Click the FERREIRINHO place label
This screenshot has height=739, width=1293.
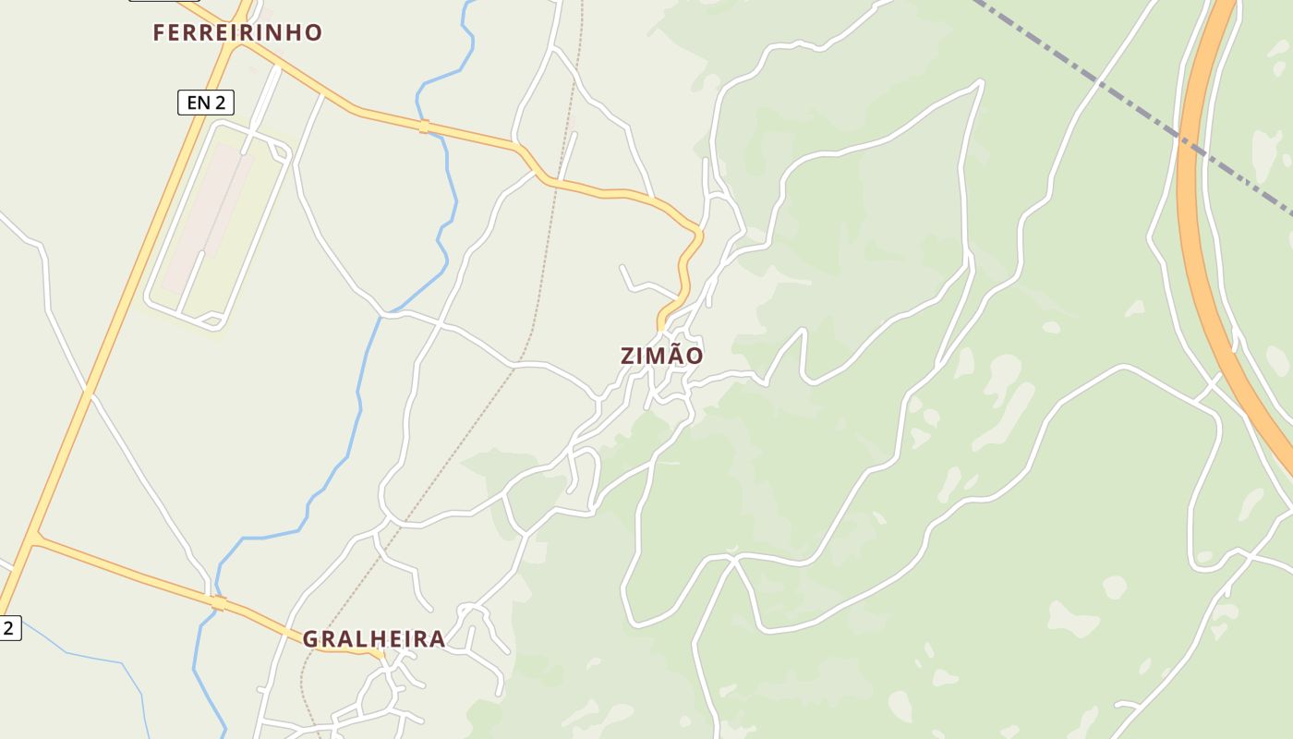(x=237, y=33)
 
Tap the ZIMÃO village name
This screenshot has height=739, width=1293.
(x=661, y=356)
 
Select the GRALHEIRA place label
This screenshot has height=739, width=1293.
(x=374, y=638)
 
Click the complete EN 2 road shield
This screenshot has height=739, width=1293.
(x=205, y=103)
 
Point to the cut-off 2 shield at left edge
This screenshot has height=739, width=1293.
(x=8, y=628)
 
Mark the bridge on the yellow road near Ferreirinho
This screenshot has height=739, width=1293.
(x=424, y=127)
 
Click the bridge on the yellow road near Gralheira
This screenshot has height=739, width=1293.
(x=218, y=603)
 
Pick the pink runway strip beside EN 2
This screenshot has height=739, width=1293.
(x=208, y=217)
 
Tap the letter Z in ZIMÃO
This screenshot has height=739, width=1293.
(x=628, y=356)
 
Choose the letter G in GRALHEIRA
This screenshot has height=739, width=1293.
(x=310, y=638)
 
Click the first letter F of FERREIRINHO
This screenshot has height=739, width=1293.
(x=159, y=33)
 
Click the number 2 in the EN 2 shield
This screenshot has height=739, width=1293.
(x=220, y=103)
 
